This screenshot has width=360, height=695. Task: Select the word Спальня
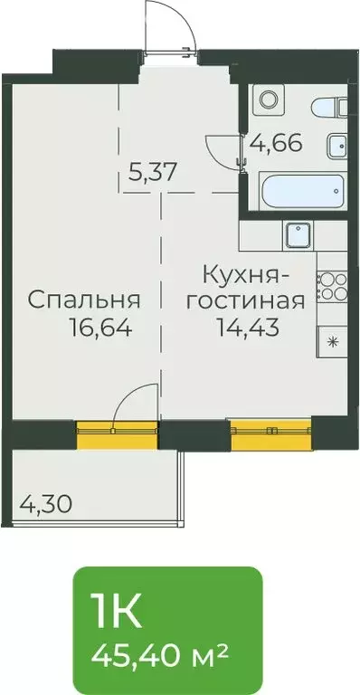coord(82,299)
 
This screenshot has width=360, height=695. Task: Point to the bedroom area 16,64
coord(100,328)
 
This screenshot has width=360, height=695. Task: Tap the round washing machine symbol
coord(268,98)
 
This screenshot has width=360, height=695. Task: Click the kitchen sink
coord(298,236)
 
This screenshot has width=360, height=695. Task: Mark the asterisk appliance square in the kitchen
coord(332,342)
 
